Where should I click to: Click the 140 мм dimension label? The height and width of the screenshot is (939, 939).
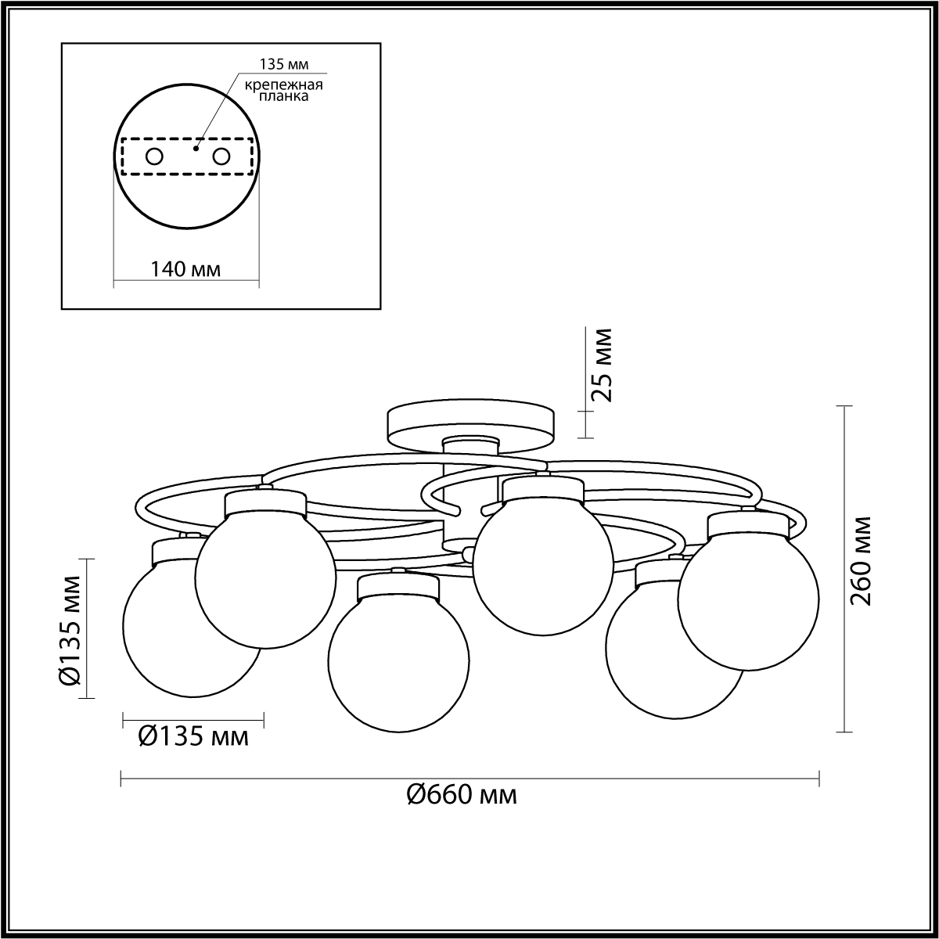click(x=185, y=268)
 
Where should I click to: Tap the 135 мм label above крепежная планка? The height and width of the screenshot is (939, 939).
click(x=284, y=64)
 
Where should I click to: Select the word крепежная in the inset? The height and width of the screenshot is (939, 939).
click(x=283, y=85)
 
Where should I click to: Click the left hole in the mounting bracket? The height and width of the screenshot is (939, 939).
click(x=154, y=157)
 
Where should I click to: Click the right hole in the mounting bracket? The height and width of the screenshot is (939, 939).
click(x=221, y=157)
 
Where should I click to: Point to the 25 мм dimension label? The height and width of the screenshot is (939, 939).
click(x=600, y=365)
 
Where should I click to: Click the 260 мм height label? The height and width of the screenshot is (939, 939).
click(x=860, y=561)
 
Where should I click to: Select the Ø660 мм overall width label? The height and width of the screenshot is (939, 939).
click(x=462, y=795)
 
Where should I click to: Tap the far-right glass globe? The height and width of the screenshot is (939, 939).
click(x=748, y=599)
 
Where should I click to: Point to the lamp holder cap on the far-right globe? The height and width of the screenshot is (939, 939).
click(x=748, y=523)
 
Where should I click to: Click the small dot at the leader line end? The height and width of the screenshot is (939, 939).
click(x=196, y=149)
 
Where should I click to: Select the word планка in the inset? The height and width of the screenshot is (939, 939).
click(x=283, y=96)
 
